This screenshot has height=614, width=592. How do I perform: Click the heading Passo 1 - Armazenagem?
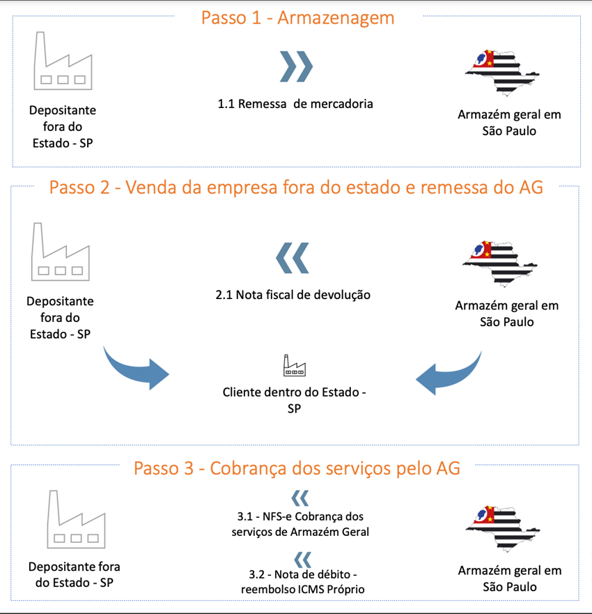pos(298,18)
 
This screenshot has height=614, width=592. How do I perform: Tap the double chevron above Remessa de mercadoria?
pos(296,66)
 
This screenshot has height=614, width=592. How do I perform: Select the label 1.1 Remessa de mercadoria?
pos(295,104)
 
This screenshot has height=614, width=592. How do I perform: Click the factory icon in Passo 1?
pos(63,61)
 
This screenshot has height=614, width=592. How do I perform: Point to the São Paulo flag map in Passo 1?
pos(502,73)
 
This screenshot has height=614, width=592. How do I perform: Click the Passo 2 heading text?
pos(296,187)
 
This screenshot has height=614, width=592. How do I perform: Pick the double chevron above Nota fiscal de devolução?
pos(293,258)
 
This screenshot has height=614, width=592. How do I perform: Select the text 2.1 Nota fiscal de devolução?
pos(293,295)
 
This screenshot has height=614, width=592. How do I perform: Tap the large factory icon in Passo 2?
pos(61,252)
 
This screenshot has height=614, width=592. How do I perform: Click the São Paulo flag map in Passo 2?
pos(499,263)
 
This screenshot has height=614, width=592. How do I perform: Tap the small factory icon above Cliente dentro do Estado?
pos(294,365)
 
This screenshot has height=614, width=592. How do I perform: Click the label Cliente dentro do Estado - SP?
pos(294,400)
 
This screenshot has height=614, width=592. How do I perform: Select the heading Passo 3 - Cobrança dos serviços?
pos(297,468)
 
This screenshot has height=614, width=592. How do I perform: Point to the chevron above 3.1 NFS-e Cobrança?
pos(300,498)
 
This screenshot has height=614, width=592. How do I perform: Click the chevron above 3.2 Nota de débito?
pos(302,560)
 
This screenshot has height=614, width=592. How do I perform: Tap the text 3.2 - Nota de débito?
pos(303,574)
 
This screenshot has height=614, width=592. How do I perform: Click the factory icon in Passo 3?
pos(77,519)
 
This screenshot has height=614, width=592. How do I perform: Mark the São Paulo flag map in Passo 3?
pos(503,529)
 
